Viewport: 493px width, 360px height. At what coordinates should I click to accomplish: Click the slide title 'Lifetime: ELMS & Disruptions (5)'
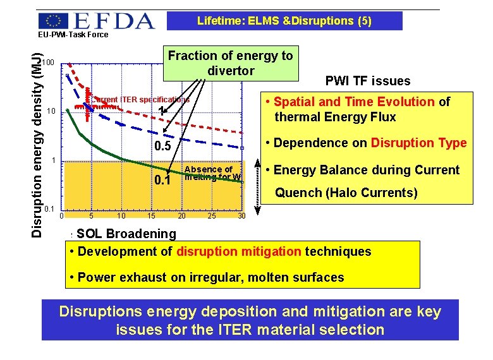(x=284, y=21)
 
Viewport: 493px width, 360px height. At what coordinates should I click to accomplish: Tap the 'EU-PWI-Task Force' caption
(x=73, y=35)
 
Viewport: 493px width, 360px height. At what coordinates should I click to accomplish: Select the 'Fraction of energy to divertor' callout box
(x=230, y=63)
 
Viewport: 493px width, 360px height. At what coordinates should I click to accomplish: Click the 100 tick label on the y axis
(x=49, y=62)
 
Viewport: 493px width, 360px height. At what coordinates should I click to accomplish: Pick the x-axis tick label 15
(x=151, y=216)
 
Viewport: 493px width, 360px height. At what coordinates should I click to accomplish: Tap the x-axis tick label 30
(x=241, y=216)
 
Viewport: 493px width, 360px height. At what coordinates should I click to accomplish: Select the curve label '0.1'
(x=163, y=181)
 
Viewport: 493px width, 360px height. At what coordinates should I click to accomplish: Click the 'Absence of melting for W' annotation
(x=212, y=173)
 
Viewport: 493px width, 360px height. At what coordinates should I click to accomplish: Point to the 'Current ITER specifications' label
(x=140, y=99)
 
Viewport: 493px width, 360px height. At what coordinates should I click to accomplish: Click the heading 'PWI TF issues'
(x=367, y=81)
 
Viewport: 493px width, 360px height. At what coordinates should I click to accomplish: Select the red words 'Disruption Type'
(x=418, y=143)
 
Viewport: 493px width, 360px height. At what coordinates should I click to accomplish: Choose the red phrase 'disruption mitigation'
(x=239, y=251)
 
